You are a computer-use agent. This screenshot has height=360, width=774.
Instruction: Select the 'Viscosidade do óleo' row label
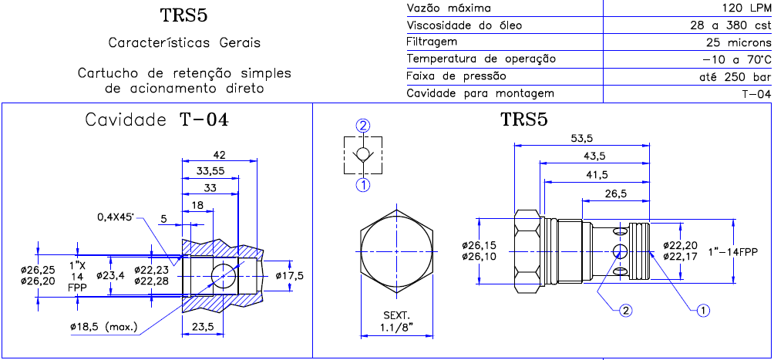pos(464,25)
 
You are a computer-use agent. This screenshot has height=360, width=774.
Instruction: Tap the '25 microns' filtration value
pos(739,42)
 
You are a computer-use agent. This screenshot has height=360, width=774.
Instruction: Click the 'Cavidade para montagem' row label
pos(480,93)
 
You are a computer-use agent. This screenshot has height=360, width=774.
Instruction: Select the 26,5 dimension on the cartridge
pos(615,193)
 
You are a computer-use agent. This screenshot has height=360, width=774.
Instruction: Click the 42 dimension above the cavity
pos(219,155)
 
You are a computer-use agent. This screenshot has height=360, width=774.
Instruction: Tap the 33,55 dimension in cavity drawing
pos(210,171)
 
